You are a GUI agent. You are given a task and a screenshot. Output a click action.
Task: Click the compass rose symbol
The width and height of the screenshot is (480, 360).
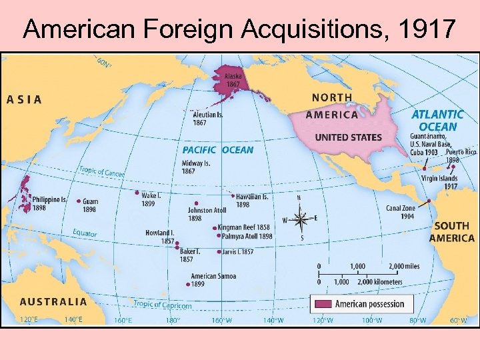click(x=301, y=217)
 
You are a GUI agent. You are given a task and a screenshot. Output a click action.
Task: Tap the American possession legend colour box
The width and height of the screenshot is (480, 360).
click(x=322, y=303)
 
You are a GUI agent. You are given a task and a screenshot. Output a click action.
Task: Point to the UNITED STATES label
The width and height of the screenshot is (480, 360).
click(x=348, y=137)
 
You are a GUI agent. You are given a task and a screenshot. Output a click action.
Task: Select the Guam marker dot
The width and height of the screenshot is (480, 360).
click(x=79, y=201)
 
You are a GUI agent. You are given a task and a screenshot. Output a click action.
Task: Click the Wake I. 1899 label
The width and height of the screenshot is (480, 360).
click(x=150, y=199)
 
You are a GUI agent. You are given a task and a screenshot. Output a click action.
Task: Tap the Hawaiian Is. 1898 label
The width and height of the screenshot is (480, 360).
click(x=252, y=201)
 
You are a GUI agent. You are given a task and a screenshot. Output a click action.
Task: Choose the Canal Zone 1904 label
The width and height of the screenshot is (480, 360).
click(x=400, y=212)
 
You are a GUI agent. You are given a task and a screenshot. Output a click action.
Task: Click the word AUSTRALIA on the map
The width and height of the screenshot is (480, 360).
click(x=53, y=301)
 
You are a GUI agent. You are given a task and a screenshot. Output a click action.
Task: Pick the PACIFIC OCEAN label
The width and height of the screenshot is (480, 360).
click(x=218, y=150)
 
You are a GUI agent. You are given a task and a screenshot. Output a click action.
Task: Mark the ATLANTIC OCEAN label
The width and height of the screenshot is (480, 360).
click(x=437, y=121)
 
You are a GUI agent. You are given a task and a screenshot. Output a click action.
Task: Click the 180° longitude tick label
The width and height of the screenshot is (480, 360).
click(x=172, y=321)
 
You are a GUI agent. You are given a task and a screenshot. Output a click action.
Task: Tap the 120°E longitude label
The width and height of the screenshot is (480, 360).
click(x=28, y=319)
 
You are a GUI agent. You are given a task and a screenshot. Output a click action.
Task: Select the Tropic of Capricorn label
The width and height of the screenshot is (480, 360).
click(x=163, y=305)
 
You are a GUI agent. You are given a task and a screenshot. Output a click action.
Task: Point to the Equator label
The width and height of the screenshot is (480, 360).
click(x=85, y=233)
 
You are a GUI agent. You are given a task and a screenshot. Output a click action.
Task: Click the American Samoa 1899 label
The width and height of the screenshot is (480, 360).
click(x=213, y=280)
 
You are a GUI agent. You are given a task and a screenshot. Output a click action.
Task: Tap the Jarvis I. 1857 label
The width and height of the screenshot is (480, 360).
click(x=238, y=252)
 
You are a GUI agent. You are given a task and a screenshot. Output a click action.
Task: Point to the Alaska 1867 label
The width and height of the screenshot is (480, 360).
click(x=233, y=81)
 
